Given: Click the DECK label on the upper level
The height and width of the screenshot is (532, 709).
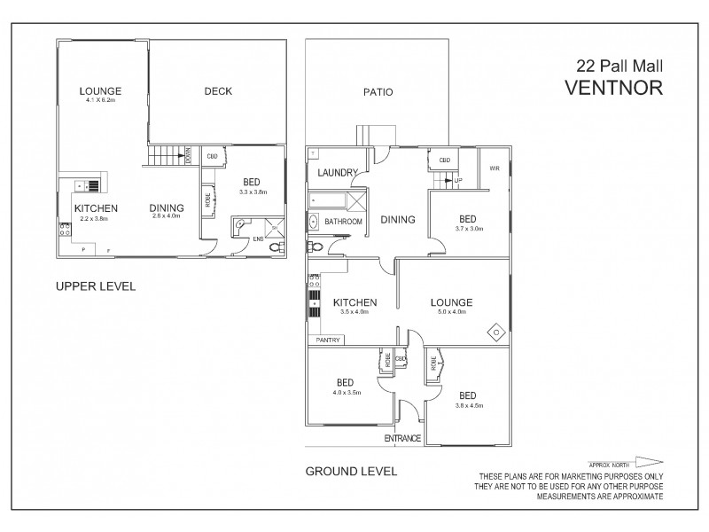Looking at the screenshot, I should click(x=218, y=90).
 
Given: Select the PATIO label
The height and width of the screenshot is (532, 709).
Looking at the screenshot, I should click(x=378, y=91).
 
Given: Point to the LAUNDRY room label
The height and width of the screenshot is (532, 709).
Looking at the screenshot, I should click(x=337, y=173).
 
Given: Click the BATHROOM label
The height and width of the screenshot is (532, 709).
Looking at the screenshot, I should click(x=343, y=221).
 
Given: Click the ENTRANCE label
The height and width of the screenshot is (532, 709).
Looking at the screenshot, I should click(x=403, y=439).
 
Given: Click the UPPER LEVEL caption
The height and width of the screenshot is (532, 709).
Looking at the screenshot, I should click(x=95, y=286).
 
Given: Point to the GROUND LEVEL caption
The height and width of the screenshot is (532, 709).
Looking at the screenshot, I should click(x=350, y=472).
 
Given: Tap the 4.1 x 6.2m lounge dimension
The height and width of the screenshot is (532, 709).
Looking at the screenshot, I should click(x=99, y=101).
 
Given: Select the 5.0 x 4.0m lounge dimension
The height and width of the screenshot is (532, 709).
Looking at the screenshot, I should click(x=451, y=312).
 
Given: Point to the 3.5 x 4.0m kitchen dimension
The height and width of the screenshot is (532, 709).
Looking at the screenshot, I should click(x=354, y=312).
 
